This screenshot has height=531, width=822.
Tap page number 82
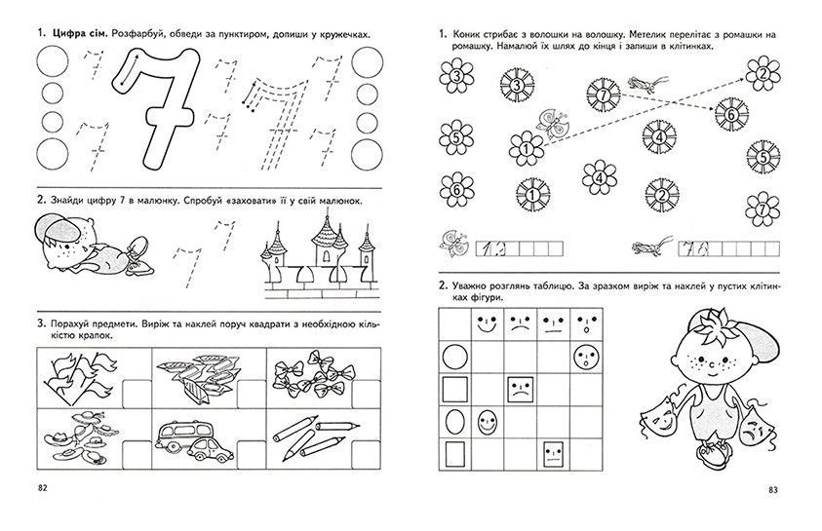tap(43, 488)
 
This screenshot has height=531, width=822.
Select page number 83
tap(773, 490)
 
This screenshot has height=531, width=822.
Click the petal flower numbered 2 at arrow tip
tap(763, 73)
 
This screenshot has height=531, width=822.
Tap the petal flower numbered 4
tap(600, 177)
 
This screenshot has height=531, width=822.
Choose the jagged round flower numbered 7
tap(604, 95)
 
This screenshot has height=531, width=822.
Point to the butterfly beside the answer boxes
tap(454, 244)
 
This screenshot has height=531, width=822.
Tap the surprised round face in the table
tap(586, 359)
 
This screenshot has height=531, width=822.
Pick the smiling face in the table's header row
tap(487, 325)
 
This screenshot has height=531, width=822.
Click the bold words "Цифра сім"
tap(80, 34)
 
